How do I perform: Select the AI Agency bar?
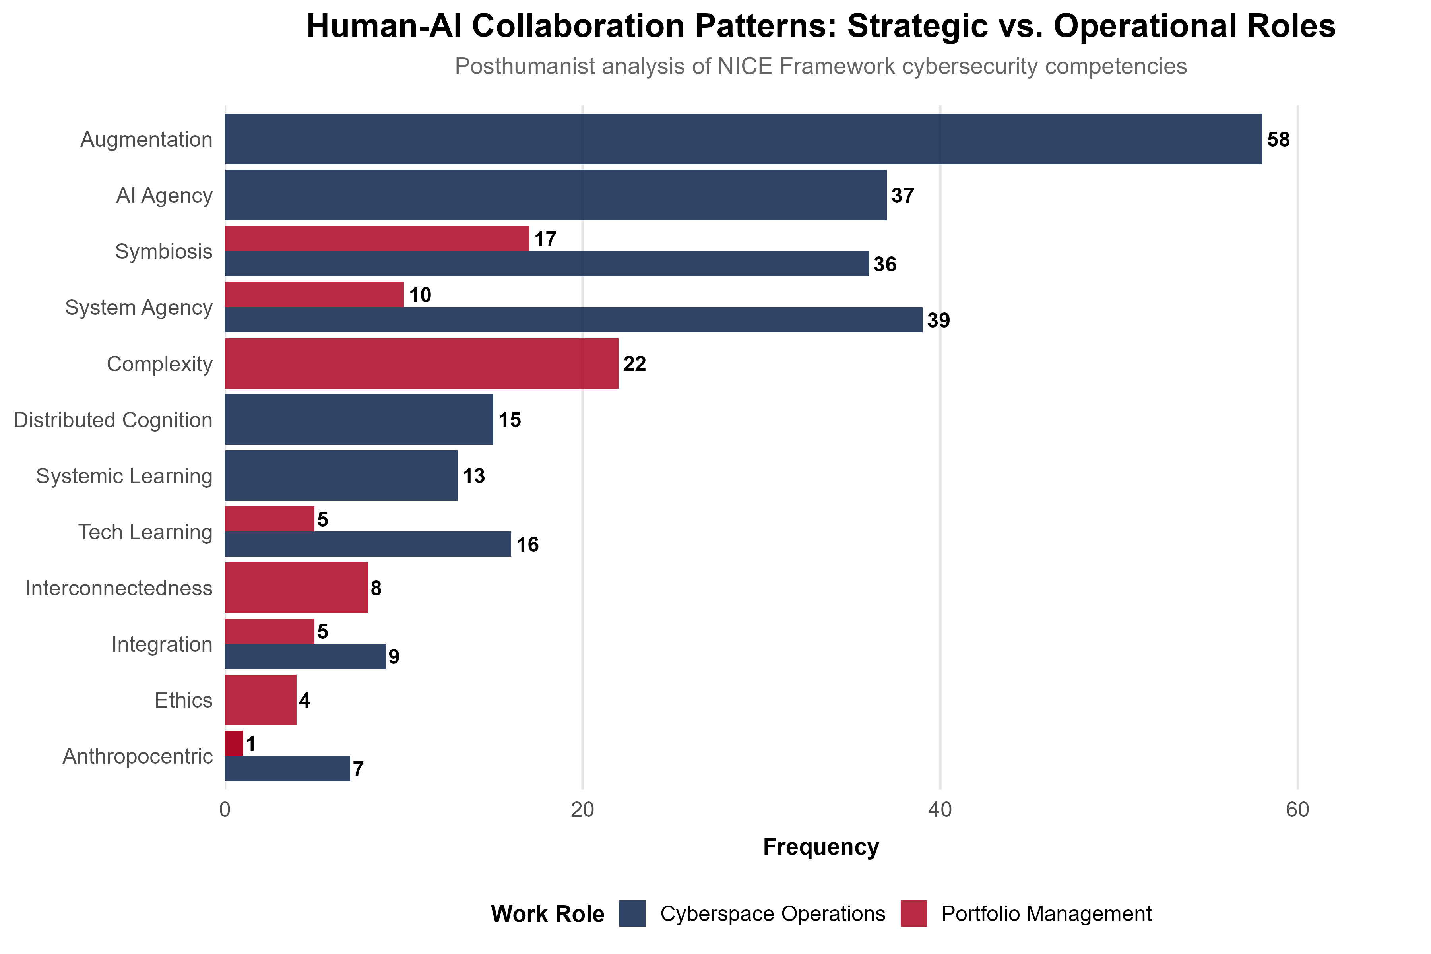555,195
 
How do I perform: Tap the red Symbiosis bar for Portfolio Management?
376,238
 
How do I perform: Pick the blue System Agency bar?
573,320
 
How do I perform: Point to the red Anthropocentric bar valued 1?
234,743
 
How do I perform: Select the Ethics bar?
260,700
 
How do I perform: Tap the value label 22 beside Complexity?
634,364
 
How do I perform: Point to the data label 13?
473,476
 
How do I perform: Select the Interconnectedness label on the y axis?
119,588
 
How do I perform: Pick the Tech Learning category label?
145,532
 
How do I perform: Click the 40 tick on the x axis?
940,810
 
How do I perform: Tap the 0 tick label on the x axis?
225,810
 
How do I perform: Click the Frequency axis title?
821,847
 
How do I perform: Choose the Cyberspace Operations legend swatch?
632,914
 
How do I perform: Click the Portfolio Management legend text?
1046,914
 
